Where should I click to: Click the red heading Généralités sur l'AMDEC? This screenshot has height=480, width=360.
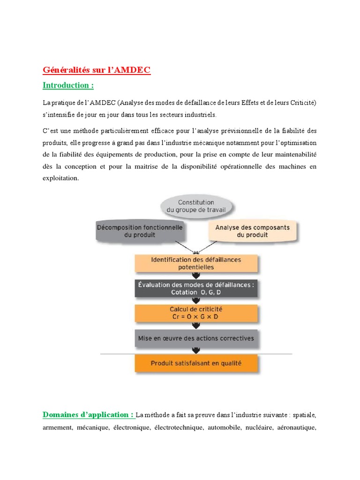(x=97, y=70)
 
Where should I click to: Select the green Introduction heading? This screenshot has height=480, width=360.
(x=68, y=85)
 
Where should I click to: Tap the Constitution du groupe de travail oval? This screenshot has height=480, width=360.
(x=196, y=207)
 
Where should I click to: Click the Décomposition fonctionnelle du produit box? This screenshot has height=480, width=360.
(x=139, y=231)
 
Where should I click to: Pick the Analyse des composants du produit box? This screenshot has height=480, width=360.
(x=252, y=231)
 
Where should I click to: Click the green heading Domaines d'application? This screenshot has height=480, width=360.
(x=88, y=414)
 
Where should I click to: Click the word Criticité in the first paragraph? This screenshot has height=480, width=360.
(x=300, y=102)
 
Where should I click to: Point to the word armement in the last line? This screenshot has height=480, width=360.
(x=56, y=427)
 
